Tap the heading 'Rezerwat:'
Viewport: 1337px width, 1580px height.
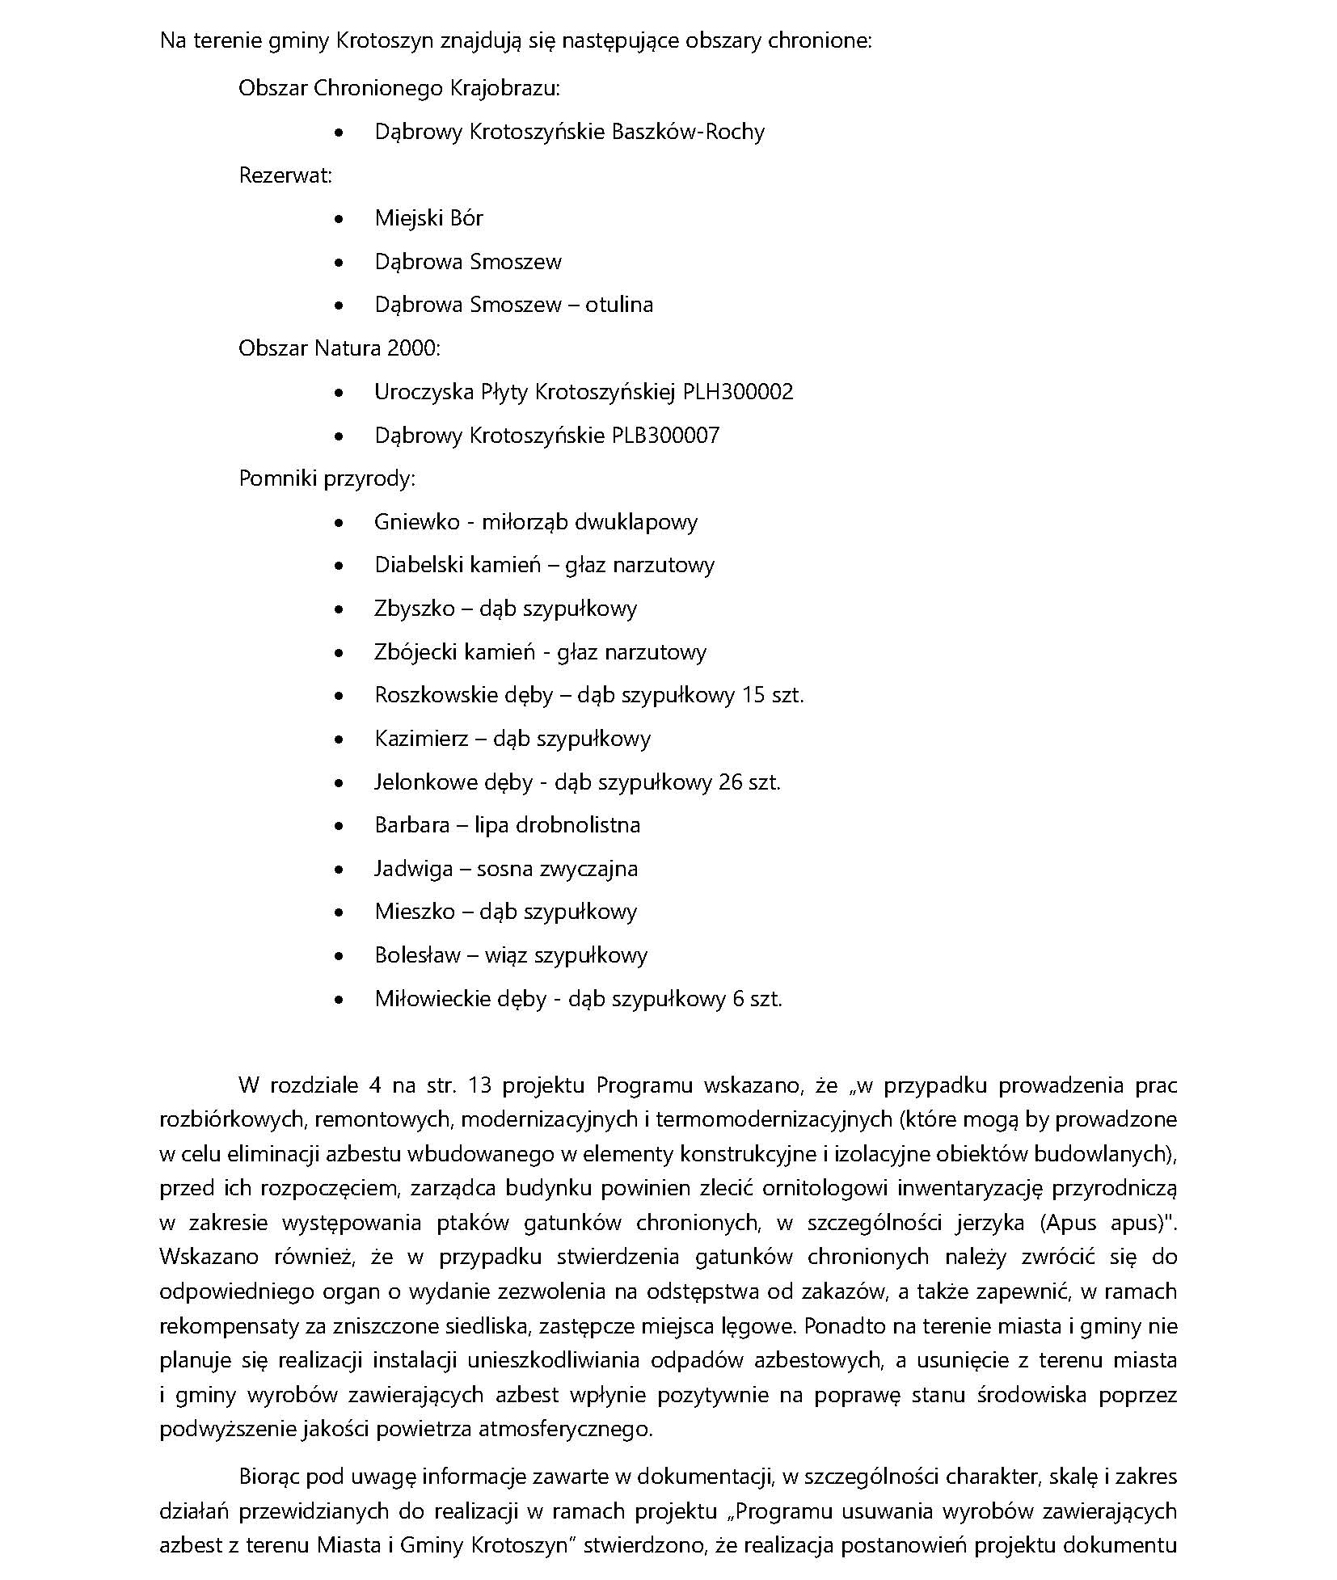pos(285,175)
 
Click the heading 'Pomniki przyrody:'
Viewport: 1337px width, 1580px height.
pos(327,478)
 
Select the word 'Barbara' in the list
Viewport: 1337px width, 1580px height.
pos(411,825)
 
